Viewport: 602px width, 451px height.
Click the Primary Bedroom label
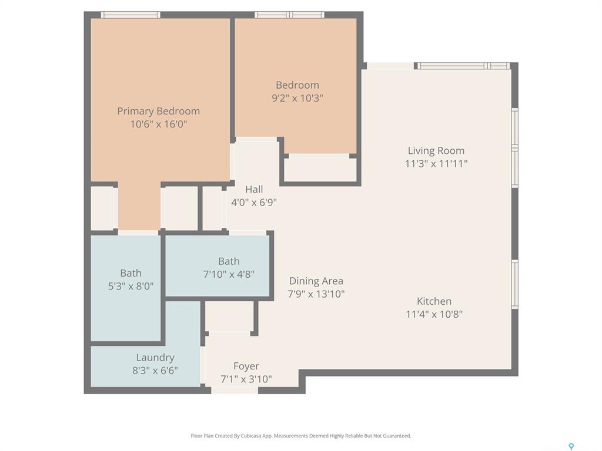pos(158,111)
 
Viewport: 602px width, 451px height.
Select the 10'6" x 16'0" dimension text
pos(159,124)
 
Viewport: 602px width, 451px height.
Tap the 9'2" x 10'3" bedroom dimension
pos(297,98)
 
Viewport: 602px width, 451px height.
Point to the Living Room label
pos(436,151)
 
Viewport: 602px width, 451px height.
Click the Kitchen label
pos(434,301)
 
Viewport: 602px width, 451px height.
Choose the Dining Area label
pos(316,281)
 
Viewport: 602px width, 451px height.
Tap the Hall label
pos(254,189)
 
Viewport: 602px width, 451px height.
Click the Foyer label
pos(246,366)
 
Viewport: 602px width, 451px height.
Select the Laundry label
pos(155,358)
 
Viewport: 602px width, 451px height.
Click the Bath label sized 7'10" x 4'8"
pos(229,261)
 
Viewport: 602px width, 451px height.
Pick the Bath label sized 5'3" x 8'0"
pos(131,273)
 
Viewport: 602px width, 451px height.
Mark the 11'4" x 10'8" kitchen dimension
pos(434,314)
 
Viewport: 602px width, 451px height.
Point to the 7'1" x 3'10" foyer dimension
pos(246,379)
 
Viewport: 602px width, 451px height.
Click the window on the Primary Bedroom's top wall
pos(131,15)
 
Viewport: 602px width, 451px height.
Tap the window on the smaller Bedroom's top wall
pos(289,15)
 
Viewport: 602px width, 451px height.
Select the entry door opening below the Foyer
pos(235,391)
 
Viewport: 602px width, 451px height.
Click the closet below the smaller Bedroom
pos(320,169)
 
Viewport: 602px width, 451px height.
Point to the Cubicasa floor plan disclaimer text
pos(301,436)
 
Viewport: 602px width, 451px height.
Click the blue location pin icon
pos(571,446)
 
